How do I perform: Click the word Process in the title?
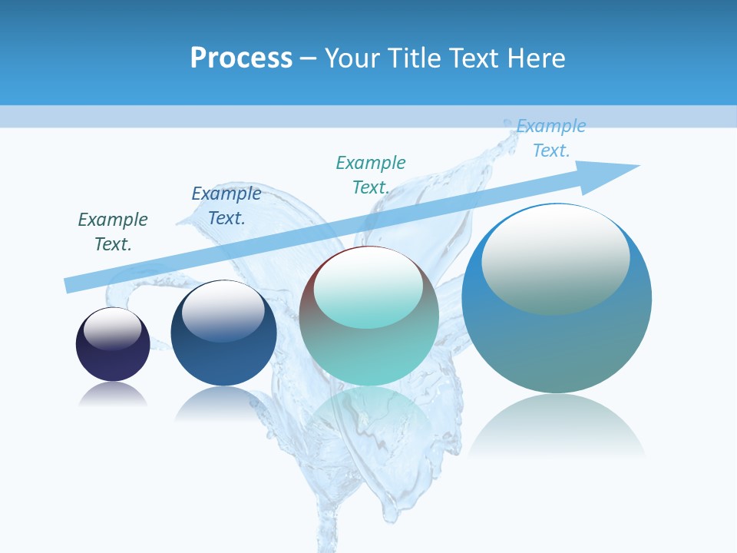(241, 58)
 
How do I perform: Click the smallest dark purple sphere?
(113, 361)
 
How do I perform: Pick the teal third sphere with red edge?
(369, 353)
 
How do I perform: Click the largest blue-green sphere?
(557, 346)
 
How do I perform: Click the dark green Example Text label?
(113, 232)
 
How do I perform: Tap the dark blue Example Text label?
(226, 206)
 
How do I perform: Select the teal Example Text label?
(371, 175)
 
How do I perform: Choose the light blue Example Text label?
(551, 138)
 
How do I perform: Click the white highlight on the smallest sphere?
(113, 329)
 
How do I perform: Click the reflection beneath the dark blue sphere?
(223, 403)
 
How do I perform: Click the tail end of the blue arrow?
(71, 284)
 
